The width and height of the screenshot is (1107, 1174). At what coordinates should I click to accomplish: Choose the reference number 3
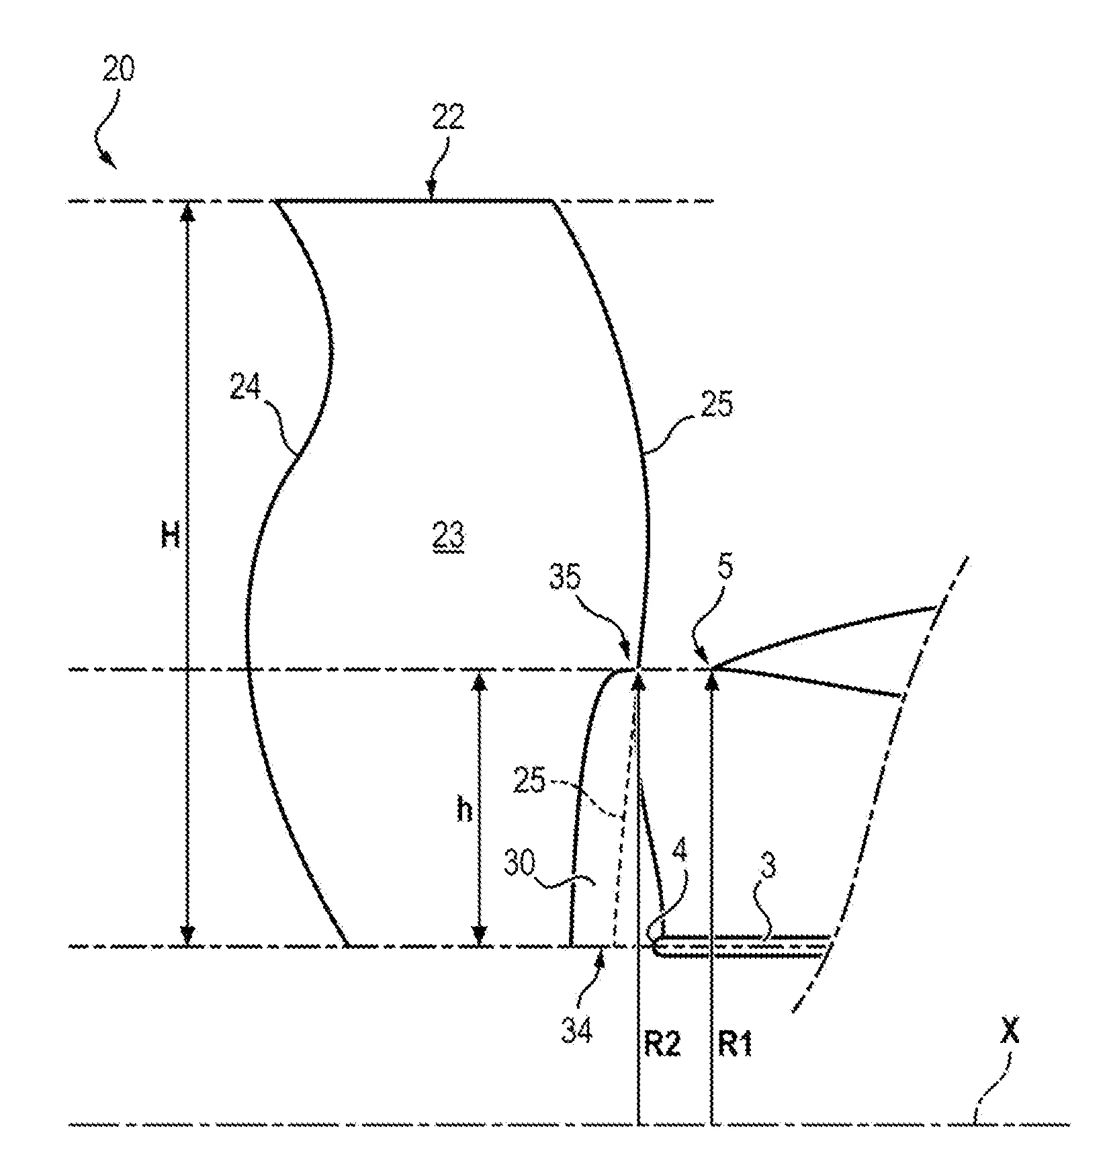pos(769,867)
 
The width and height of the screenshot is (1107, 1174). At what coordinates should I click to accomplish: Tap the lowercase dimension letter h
pos(464,812)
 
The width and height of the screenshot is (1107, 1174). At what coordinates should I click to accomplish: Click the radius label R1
pos(736,1045)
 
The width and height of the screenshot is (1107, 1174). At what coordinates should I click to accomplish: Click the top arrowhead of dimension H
pos(188,211)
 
